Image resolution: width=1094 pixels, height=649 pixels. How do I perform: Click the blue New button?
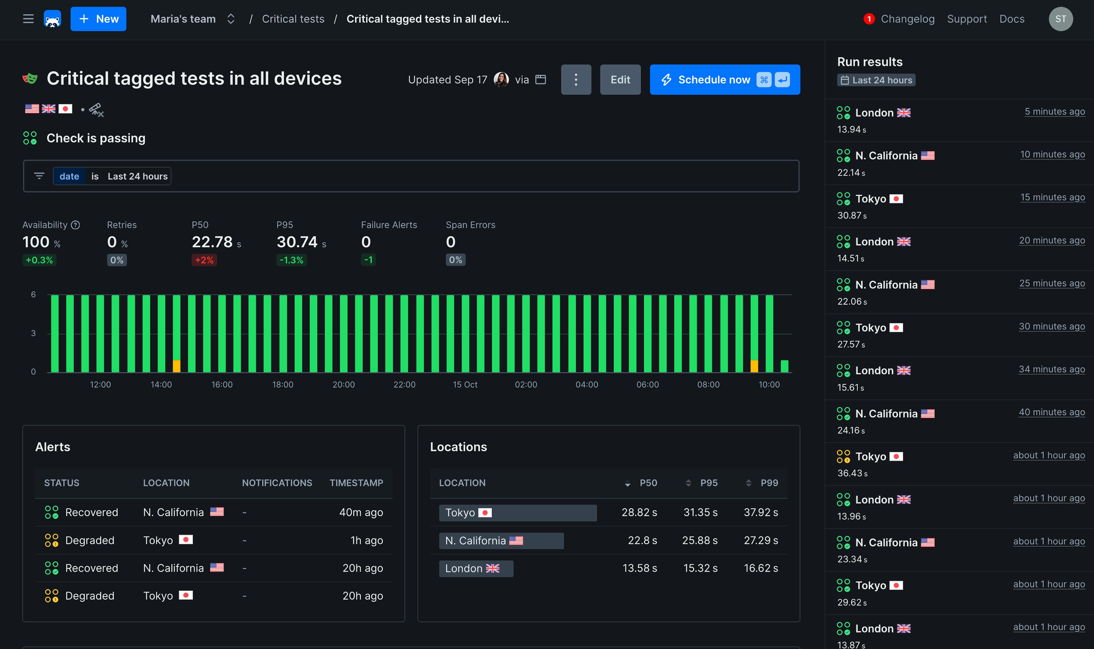[98, 19]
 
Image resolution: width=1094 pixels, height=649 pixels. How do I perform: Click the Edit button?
[620, 79]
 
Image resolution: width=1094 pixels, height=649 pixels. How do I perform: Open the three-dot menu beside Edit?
[575, 79]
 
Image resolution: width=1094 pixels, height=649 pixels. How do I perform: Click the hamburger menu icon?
[28, 19]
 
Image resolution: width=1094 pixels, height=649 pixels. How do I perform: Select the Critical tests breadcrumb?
[293, 19]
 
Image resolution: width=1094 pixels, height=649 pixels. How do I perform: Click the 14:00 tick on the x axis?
[161, 384]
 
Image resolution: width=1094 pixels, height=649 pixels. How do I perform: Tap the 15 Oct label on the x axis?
[464, 384]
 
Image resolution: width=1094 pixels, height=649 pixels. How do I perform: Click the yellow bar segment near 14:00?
[176, 366]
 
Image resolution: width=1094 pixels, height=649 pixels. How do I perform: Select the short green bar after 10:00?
[784, 366]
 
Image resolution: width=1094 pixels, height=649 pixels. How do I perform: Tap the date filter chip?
[69, 176]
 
